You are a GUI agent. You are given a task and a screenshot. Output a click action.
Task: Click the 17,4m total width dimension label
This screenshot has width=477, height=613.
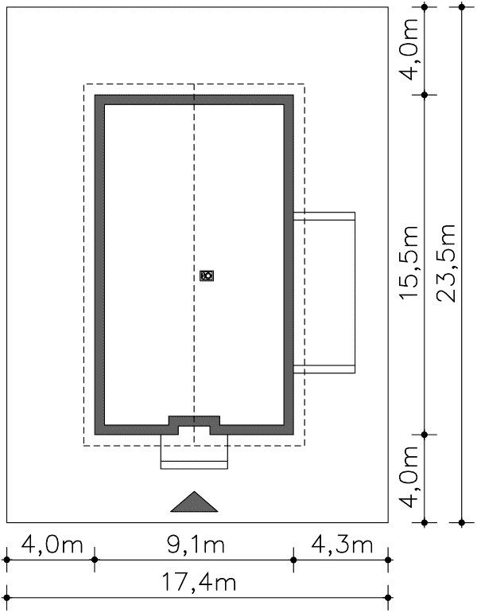(199, 583)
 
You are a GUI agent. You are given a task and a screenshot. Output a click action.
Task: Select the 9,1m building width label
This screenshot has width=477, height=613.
(196, 545)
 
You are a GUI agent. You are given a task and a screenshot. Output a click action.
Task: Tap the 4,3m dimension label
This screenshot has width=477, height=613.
(342, 545)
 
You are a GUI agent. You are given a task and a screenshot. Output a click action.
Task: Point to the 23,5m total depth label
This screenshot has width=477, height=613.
(446, 263)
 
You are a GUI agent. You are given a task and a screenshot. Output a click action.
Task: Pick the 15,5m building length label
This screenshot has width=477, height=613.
(409, 263)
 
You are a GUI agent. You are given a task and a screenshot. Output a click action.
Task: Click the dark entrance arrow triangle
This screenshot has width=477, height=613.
(194, 502)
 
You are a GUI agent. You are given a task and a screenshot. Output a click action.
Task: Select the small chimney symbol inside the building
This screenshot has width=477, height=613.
(207, 275)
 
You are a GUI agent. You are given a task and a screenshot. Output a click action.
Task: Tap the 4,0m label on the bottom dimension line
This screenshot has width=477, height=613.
(52, 545)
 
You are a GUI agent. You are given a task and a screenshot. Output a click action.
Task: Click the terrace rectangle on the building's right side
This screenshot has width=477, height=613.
(324, 292)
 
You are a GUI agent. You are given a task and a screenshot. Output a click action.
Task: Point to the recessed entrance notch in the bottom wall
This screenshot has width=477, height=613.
(194, 426)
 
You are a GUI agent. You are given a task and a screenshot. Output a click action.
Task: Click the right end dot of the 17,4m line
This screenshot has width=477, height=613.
(388, 597)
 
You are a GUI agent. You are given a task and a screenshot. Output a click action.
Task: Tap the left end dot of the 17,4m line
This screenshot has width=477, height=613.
(6, 597)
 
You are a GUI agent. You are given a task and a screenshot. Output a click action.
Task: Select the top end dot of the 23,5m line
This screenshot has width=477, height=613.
(462, 7)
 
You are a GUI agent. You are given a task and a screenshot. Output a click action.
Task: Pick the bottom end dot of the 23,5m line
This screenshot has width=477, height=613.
(462, 522)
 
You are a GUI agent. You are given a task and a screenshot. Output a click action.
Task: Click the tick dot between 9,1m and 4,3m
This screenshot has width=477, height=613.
(293, 560)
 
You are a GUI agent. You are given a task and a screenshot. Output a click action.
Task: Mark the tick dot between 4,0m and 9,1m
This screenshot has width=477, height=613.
(95, 560)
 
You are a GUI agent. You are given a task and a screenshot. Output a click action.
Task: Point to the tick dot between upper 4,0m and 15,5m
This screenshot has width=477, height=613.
(425, 95)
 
